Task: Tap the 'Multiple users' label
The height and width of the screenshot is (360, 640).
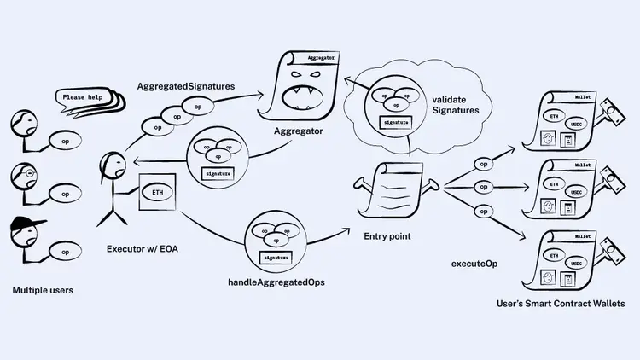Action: [x=43, y=291]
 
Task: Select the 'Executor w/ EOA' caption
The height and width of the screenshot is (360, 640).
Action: [x=142, y=249]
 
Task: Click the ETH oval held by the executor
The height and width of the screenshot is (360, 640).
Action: [x=158, y=192]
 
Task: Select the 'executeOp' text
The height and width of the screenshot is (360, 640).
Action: [x=474, y=264]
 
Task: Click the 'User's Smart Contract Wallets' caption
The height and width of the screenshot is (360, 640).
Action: [x=561, y=304]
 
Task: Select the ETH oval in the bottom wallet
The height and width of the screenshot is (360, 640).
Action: [x=555, y=254]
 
